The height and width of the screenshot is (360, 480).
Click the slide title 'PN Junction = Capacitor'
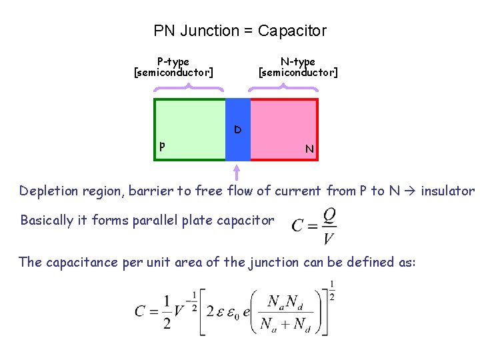(240, 31)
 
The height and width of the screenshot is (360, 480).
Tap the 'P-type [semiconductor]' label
(173, 67)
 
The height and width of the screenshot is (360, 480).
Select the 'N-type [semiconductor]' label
(298, 67)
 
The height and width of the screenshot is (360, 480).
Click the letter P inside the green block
(162, 147)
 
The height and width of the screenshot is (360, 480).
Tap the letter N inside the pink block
(309, 149)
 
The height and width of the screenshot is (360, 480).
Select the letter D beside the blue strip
(238, 129)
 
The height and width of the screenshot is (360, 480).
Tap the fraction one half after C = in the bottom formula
(167, 311)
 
